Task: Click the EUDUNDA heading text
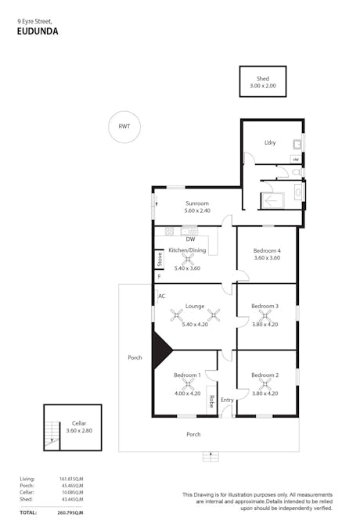pyautogui.click(x=37, y=32)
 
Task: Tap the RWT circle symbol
pyautogui.click(x=124, y=127)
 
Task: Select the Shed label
pyautogui.click(x=263, y=78)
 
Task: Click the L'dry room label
pyautogui.click(x=270, y=142)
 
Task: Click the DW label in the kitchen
pyautogui.click(x=190, y=239)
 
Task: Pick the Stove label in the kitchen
pyautogui.click(x=159, y=259)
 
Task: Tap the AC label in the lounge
pyautogui.click(x=161, y=296)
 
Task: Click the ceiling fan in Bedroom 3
pyautogui.click(x=265, y=315)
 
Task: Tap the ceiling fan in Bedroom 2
pyautogui.click(x=265, y=384)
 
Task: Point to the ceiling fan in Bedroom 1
pyautogui.click(x=187, y=384)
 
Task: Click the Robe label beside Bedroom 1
pyautogui.click(x=211, y=402)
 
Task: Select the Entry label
pyautogui.click(x=227, y=400)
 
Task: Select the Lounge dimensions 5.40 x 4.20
pyautogui.click(x=194, y=324)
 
